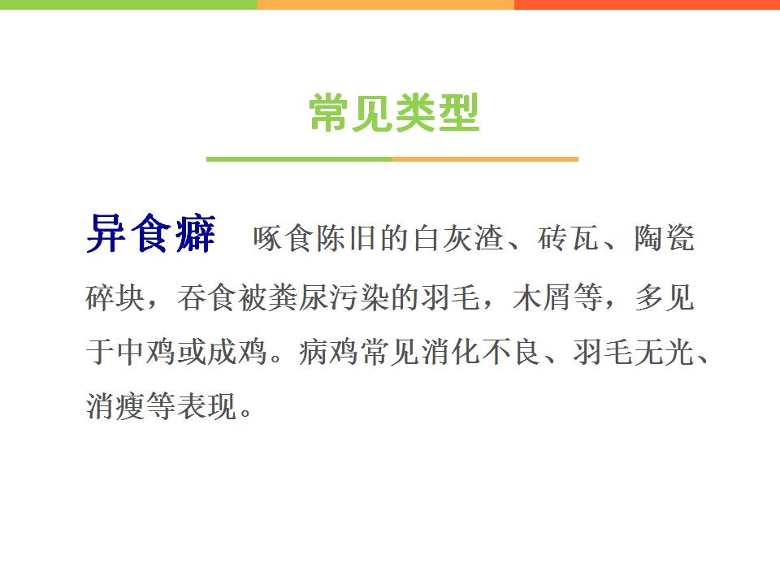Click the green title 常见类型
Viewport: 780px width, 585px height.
394,113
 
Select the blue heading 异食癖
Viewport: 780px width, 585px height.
151,233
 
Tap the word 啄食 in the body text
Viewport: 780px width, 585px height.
283,238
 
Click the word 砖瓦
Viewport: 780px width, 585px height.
568,238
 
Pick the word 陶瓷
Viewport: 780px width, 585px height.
664,238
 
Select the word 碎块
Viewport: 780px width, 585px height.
115,297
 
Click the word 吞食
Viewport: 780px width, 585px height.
206,297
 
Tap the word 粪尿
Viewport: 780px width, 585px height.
297,297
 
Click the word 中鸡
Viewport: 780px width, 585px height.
146,352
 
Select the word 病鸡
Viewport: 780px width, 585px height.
329,352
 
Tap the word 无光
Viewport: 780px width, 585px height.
664,352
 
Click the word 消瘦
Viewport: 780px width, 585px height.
115,406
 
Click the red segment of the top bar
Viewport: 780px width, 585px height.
648,5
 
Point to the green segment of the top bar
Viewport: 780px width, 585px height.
129,5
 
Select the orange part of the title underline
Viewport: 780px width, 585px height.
485,159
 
